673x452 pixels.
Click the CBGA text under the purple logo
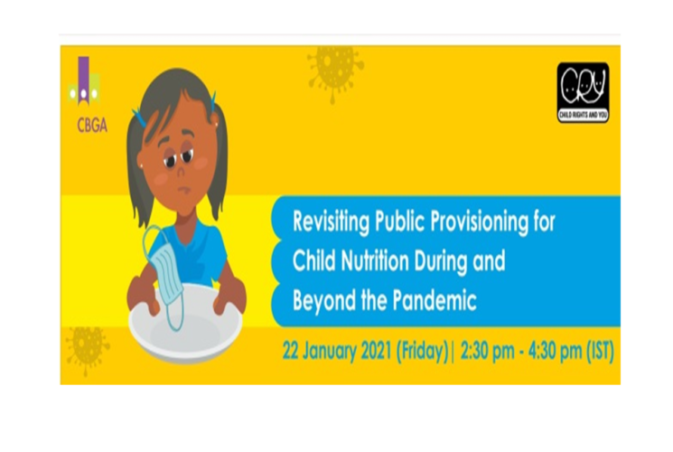tap(92, 125)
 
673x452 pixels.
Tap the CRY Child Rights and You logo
tap(583, 92)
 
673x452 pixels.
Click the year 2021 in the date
tap(376, 351)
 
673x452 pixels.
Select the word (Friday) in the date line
tap(422, 352)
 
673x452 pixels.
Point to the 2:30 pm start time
tap(487, 351)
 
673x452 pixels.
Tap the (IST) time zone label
tap(600, 351)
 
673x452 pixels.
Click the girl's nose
tap(182, 171)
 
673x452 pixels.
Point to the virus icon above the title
tap(335, 71)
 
